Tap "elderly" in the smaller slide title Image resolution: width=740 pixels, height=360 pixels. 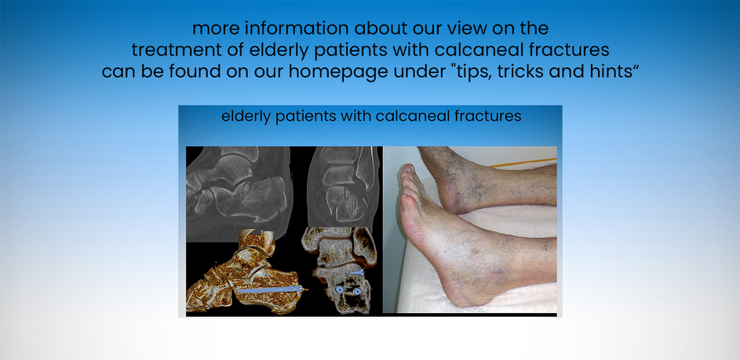[246, 117]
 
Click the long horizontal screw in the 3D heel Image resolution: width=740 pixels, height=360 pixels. [269, 289]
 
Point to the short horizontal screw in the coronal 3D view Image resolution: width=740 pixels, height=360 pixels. [356, 272]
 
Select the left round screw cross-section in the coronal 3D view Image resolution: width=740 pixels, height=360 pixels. [339, 289]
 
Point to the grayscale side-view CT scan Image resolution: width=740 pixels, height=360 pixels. [239, 194]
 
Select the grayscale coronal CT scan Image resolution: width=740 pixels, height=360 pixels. [343, 187]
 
